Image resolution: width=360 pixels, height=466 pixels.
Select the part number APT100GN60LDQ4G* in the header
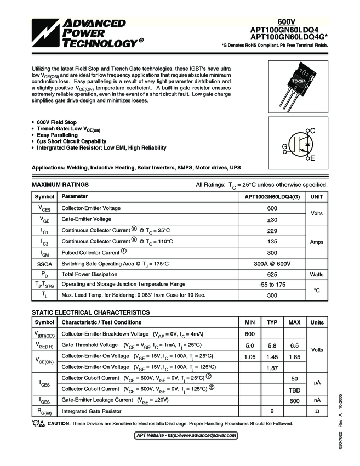click(289, 37)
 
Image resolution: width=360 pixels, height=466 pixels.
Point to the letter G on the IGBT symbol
click(285, 147)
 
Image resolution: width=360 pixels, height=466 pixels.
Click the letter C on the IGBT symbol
click(313, 130)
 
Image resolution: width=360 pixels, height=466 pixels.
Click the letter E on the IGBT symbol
click(312, 158)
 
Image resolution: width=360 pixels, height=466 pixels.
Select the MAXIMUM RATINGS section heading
click(60, 185)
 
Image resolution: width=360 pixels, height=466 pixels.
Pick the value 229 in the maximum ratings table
click(272, 230)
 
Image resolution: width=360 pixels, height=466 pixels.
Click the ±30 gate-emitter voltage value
click(272, 219)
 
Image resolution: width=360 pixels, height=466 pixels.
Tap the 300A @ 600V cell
click(272, 264)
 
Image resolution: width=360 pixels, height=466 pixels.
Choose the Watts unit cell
click(317, 274)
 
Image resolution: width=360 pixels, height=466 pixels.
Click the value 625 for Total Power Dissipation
click(272, 274)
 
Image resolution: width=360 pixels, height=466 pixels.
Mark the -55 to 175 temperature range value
click(272, 285)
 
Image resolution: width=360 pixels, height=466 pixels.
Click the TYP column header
click(272, 322)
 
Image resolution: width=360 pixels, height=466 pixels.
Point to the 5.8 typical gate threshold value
click(272, 345)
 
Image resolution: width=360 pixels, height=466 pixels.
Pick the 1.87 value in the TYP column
click(272, 368)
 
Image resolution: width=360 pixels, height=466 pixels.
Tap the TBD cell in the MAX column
click(294, 389)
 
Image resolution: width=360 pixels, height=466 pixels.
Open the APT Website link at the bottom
click(186, 435)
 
